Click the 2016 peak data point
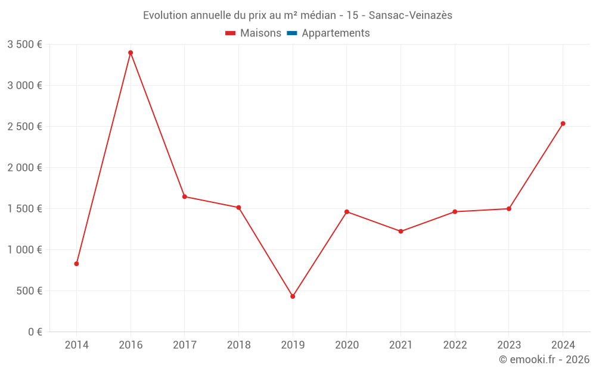tap(131, 52)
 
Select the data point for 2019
tap(293, 296)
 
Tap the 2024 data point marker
tap(563, 124)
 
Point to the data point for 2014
tap(76, 264)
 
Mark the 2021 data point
tap(401, 232)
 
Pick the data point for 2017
tap(185, 196)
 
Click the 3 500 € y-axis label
tap(24, 45)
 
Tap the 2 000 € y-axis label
tap(24, 168)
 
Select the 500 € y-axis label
tap(29, 291)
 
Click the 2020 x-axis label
tap(347, 345)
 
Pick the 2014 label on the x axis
tap(76, 345)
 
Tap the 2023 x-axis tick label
tap(509, 345)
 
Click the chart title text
tap(297, 15)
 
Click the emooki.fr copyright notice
tap(544, 360)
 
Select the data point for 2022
tap(455, 212)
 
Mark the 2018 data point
tap(238, 208)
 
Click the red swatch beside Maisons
tap(231, 33)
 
